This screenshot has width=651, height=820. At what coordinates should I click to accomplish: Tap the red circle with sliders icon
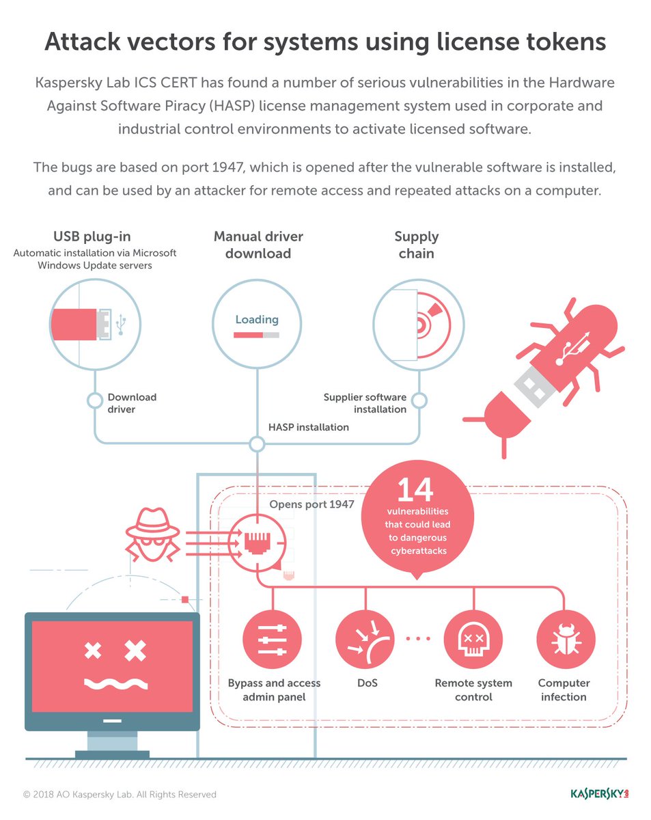pos(272,640)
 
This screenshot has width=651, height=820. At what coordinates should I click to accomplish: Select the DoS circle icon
pos(365,640)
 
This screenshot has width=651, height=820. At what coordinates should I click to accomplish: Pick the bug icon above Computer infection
pos(565,640)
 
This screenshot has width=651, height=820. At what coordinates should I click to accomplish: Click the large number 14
pos(415,490)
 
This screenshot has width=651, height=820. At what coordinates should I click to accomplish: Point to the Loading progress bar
pos(256,335)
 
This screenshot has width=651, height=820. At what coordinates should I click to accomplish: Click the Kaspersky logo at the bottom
pos(599,793)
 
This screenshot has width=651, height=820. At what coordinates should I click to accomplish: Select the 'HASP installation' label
pos(309,427)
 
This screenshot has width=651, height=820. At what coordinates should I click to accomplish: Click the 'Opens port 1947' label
pos(311,504)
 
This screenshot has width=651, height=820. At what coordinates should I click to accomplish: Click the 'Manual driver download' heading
pos(258,245)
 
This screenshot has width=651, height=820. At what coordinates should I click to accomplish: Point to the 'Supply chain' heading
pos(416,245)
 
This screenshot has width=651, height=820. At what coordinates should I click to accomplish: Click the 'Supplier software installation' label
pos(365,403)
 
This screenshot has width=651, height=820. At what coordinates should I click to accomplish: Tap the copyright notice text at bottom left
pos(120,795)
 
